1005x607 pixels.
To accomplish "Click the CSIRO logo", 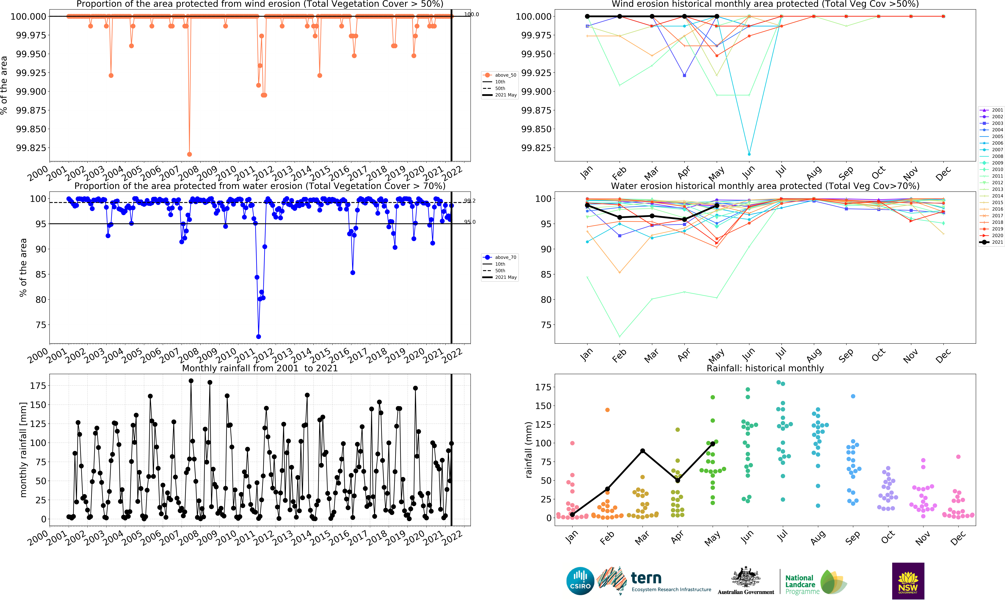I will (x=580, y=581).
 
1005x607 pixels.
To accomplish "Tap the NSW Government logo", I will (x=908, y=581).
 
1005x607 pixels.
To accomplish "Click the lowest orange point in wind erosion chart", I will (x=189, y=154).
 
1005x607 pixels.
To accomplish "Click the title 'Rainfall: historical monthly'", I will (x=765, y=368).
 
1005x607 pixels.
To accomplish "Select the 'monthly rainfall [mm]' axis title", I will (x=23, y=450).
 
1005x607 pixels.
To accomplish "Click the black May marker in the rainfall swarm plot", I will (x=713, y=443).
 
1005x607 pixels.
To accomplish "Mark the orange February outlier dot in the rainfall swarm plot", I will (x=607, y=410).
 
